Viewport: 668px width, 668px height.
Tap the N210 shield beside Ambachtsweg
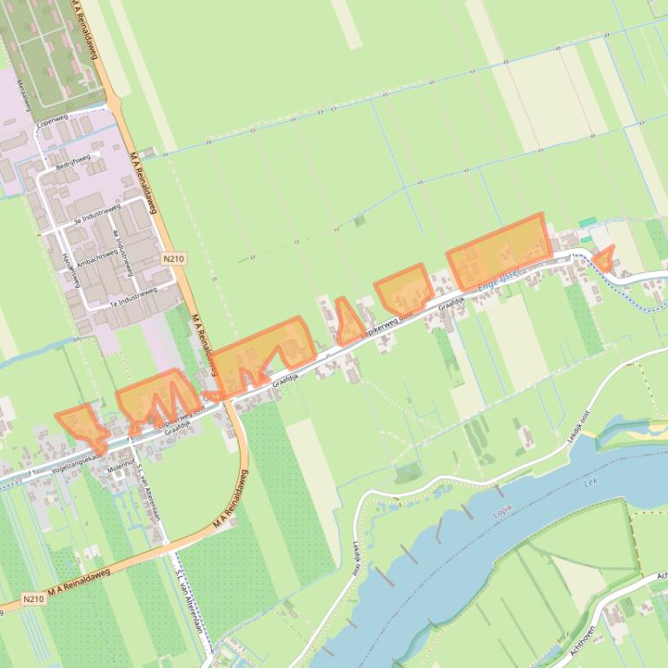click(x=172, y=259)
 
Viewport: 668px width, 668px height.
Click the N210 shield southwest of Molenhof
click(x=33, y=599)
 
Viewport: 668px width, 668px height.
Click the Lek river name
click(x=592, y=478)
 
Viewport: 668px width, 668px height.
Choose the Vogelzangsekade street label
click(x=77, y=461)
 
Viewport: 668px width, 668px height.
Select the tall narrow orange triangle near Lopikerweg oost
click(x=348, y=323)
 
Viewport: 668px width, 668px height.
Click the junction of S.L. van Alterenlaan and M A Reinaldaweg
click(x=165, y=542)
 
